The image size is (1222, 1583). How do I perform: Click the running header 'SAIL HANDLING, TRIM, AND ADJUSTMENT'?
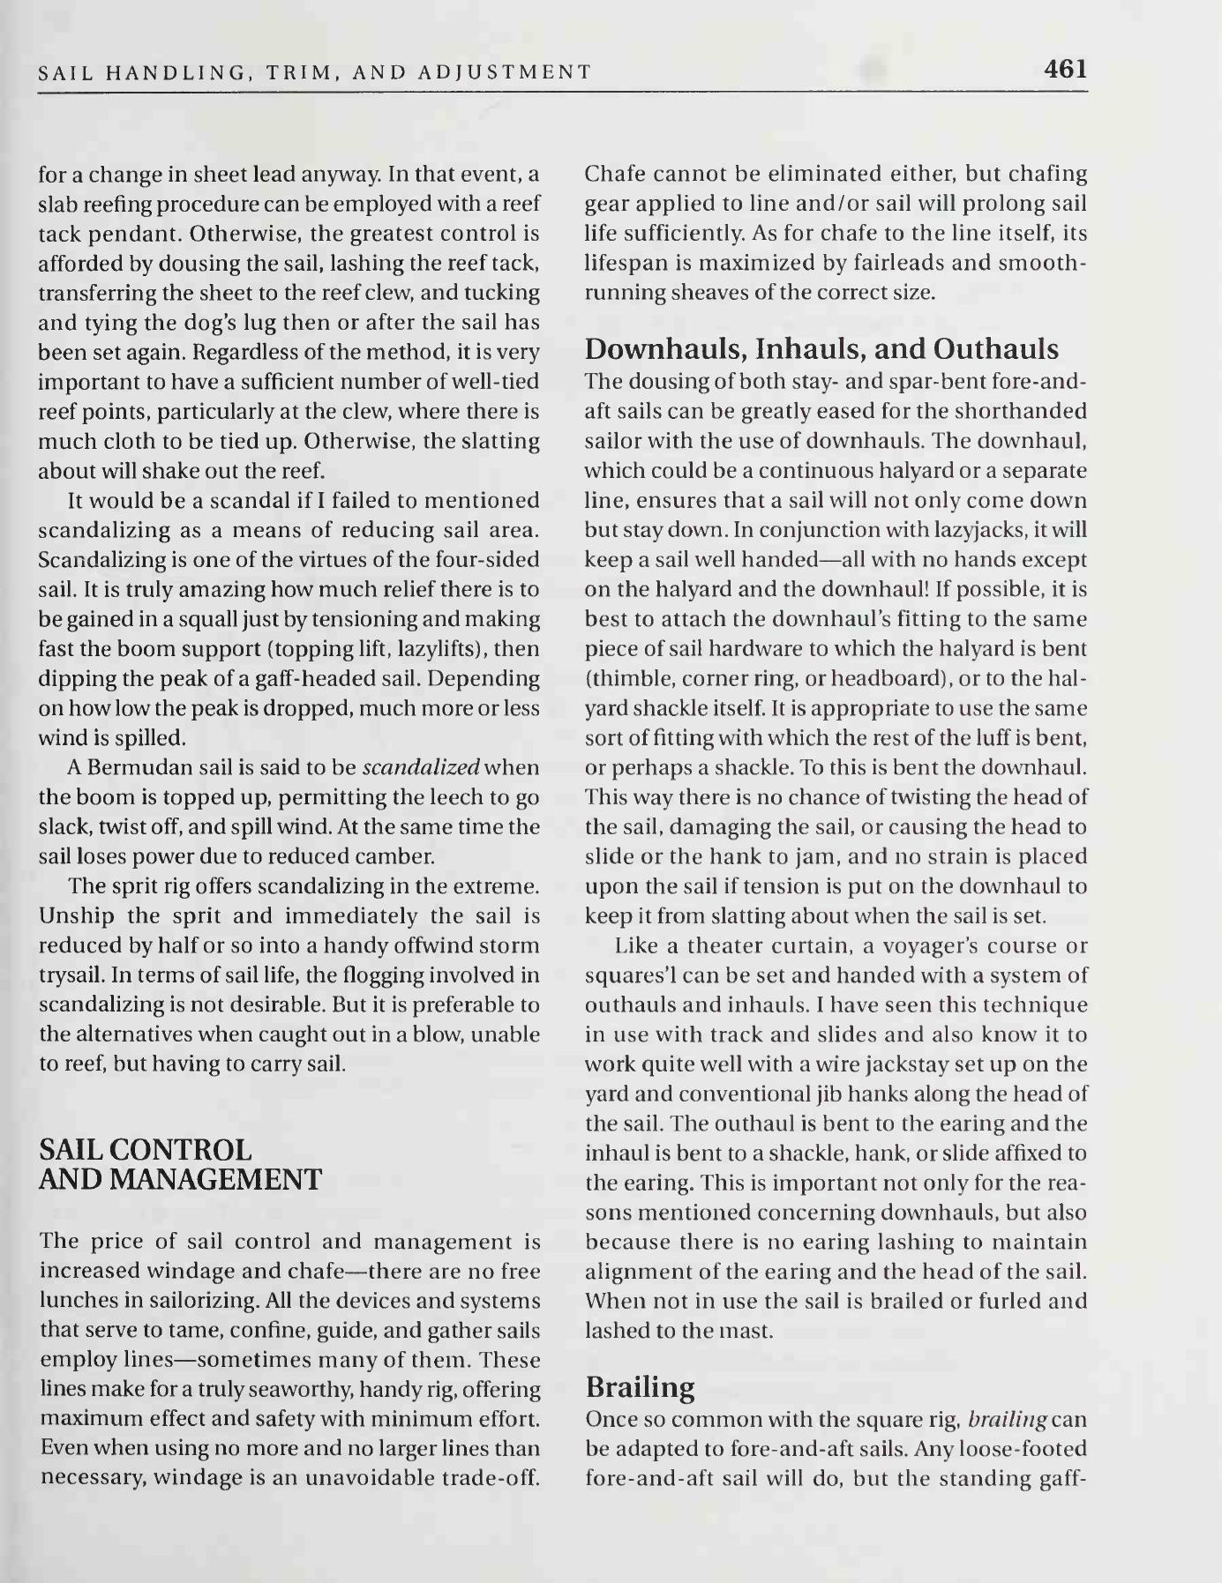315,72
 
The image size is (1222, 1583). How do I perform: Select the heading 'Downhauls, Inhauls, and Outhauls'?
821,350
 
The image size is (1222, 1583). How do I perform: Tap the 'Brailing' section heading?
640,1387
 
